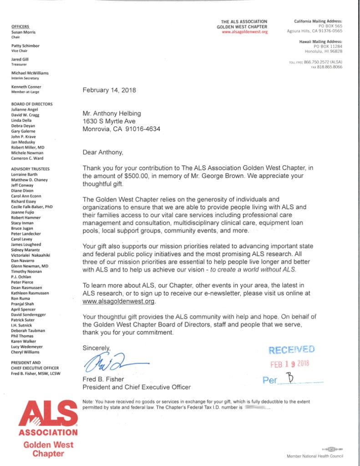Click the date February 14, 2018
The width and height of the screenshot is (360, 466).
pos(109,90)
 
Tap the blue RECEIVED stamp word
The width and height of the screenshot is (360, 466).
pos(291,350)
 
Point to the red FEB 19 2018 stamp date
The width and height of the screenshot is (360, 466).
pos(290,364)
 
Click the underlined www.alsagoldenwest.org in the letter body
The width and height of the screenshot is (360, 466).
pos(119,301)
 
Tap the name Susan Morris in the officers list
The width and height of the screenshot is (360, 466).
pos(23,32)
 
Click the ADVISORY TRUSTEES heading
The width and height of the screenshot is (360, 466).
pos(30,169)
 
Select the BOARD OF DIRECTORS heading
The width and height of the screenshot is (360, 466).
pos(31,104)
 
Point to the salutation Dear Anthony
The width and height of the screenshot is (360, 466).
pos(103,152)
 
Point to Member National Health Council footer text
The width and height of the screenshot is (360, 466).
pos(315,456)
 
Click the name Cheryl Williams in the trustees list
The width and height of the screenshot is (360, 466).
pos(25,352)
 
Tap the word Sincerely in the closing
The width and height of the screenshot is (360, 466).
pos(96,348)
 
